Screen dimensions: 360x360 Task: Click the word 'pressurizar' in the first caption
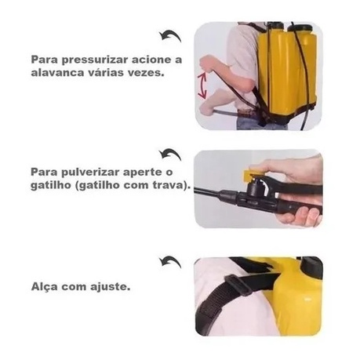(90, 59)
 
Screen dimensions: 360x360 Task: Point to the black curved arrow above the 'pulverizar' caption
(169, 154)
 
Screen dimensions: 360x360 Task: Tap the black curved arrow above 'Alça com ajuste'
(169, 260)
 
